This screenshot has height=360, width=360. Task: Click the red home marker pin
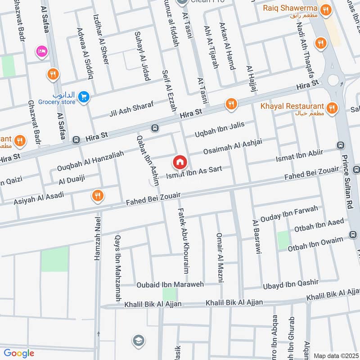[x=180, y=161]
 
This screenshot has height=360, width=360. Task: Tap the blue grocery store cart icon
[x=83, y=96]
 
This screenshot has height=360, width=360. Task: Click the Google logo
[x=19, y=353]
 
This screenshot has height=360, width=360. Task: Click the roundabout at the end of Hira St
[x=333, y=80]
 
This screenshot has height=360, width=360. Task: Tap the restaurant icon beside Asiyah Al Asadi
[x=97, y=195]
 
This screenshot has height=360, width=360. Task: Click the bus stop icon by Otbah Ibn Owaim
[x=353, y=235]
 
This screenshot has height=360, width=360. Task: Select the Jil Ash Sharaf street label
[x=131, y=108]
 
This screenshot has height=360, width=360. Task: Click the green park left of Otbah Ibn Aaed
[x=283, y=240]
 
